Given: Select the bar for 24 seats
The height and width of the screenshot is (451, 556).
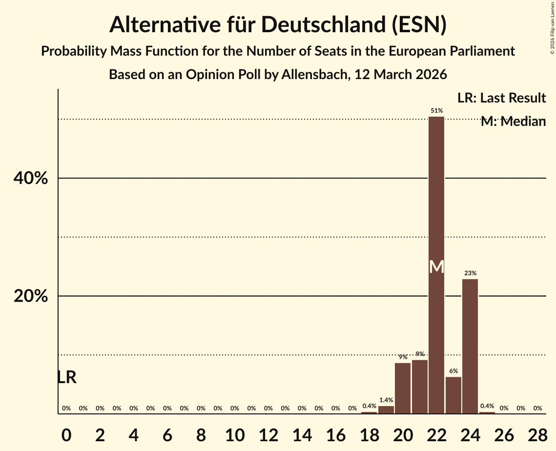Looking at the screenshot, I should (470, 347).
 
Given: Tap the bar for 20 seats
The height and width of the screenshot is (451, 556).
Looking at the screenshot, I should (403, 389).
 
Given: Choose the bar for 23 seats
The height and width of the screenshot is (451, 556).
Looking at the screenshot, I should (453, 395).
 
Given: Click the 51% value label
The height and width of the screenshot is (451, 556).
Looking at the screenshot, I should (436, 111).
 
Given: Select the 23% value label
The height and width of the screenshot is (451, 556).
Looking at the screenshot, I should (471, 273).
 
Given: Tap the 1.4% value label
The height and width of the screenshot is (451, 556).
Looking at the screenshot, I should (386, 400).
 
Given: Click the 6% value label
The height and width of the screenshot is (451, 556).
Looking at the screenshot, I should (453, 371).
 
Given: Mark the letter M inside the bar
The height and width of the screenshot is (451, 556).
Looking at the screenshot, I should (436, 267).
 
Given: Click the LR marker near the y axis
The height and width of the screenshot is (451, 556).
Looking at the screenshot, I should (66, 377).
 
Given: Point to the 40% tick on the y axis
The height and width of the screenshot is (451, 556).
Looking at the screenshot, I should (31, 179).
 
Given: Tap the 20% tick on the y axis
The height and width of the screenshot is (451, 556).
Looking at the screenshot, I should (31, 296).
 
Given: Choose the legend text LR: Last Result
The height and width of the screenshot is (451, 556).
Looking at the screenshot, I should (501, 98).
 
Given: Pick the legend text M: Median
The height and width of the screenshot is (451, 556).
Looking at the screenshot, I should (513, 122).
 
